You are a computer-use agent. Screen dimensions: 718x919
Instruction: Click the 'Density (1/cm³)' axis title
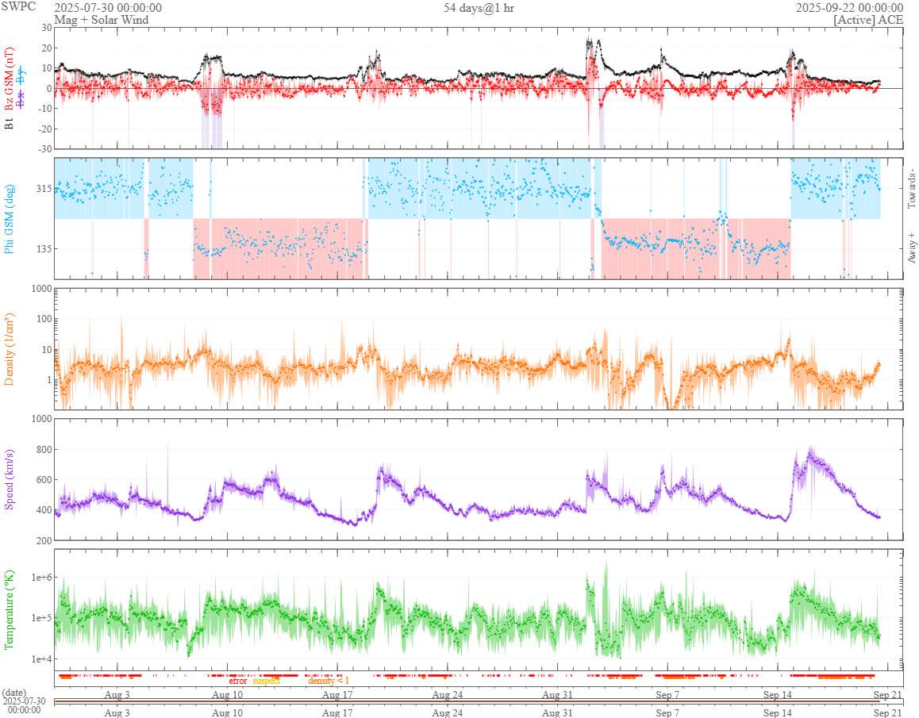(10, 349)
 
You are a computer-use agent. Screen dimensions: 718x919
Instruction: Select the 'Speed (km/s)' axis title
(10, 478)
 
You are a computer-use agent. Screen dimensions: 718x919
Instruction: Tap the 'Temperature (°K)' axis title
(10, 609)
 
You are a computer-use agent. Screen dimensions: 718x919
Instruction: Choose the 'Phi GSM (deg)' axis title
(10, 219)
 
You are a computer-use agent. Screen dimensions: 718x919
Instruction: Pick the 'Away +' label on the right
(911, 247)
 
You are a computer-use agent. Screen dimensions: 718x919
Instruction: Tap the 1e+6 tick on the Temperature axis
(40, 577)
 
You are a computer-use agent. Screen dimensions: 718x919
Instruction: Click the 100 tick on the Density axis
(42, 319)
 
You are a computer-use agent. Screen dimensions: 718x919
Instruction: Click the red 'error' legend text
(238, 681)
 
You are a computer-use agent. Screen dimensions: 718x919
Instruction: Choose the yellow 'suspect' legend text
(266, 681)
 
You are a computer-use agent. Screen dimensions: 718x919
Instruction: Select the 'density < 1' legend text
(329, 681)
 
